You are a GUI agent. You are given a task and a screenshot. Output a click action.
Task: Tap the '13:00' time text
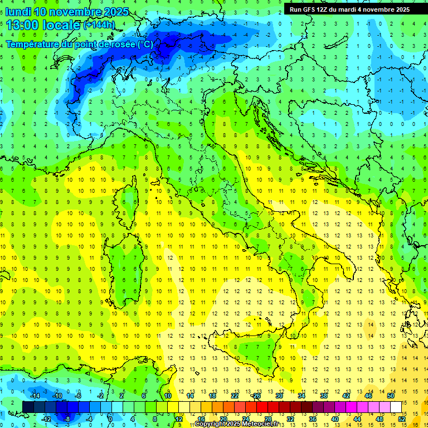(x=22, y=25)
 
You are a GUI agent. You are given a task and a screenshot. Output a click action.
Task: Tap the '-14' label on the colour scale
(x=34, y=396)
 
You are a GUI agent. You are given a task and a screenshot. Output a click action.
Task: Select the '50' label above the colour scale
(x=391, y=396)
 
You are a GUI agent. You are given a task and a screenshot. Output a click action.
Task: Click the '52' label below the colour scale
(x=402, y=419)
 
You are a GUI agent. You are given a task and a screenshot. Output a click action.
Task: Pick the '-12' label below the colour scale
(x=46, y=419)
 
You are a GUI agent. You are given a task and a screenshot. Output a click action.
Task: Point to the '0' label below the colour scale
(x=110, y=419)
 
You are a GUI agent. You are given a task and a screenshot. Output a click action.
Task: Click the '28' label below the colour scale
(x=267, y=419)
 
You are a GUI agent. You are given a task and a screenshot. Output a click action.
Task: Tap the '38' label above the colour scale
(x=324, y=396)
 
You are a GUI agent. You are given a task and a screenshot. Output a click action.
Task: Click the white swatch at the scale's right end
(x=396, y=407)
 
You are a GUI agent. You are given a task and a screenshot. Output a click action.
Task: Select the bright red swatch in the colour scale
(x=262, y=407)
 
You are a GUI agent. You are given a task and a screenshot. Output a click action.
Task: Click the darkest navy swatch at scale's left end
(x=28, y=407)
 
